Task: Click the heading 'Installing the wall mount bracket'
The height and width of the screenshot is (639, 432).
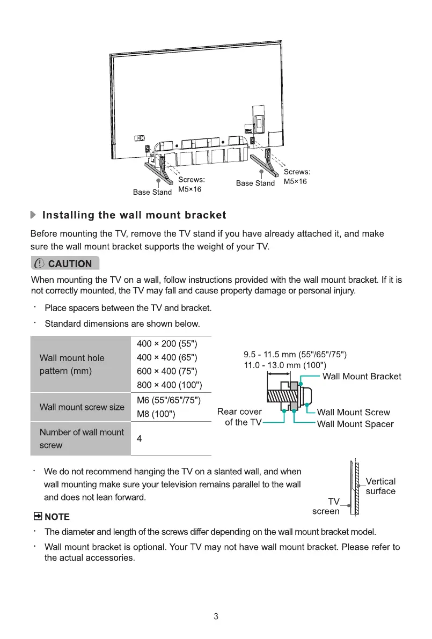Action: point(134,215)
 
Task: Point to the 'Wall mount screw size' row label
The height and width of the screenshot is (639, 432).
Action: point(82,407)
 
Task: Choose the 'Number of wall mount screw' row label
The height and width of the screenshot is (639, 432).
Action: point(82,438)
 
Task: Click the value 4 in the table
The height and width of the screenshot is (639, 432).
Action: point(140,438)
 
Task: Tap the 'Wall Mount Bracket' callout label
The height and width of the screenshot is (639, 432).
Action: point(361,376)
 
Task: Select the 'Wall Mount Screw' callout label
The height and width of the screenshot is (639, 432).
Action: point(353,412)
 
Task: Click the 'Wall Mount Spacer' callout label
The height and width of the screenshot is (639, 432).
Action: point(355,424)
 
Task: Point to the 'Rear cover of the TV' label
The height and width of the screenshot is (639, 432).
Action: point(240,417)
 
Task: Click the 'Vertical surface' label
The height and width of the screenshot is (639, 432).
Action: point(380,486)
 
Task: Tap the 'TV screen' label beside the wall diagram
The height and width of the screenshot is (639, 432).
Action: point(326,506)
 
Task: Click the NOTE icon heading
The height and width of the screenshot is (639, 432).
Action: point(52,517)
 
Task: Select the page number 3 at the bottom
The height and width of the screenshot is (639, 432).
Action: point(216,616)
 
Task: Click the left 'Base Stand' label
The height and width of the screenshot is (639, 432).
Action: point(152,192)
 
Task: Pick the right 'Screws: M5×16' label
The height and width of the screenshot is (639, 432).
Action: point(296,177)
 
